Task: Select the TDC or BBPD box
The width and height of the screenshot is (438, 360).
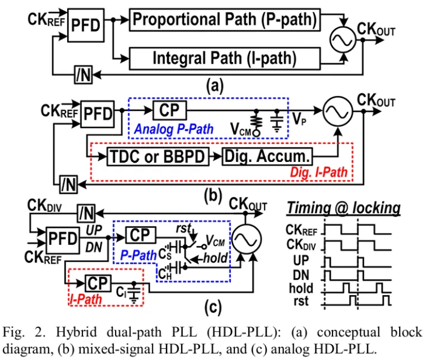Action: point(157,157)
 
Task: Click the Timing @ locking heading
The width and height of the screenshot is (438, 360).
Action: point(343,208)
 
